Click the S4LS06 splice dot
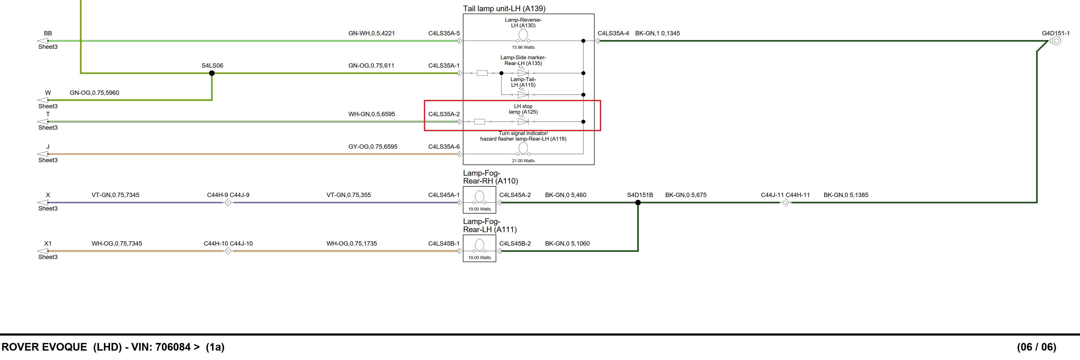point(212,73)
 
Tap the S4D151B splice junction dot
point(638,202)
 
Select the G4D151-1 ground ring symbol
point(1056,41)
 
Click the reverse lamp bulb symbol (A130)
point(523,35)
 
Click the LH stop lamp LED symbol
point(523,122)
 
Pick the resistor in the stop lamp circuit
point(479,122)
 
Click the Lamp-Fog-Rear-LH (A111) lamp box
point(479,249)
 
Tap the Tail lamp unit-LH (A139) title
point(504,8)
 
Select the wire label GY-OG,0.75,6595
point(373,147)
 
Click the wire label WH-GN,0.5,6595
point(372,114)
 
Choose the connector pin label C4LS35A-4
point(613,33)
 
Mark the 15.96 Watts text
point(523,47)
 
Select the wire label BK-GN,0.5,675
point(686,195)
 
